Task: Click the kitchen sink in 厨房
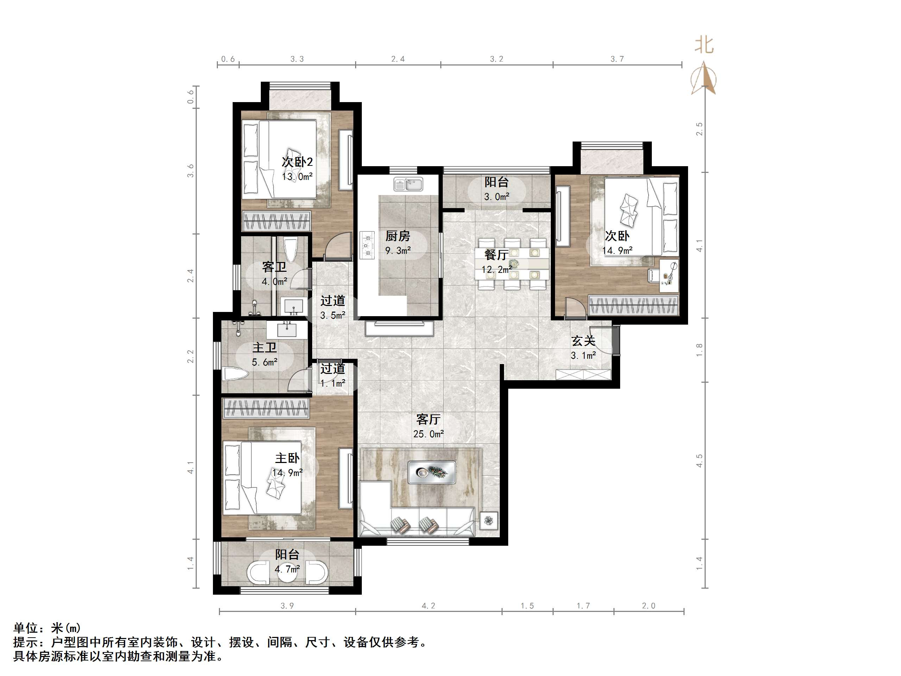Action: point(408,184)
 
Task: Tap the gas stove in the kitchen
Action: point(367,245)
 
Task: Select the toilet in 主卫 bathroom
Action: point(235,374)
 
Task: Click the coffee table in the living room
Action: point(432,472)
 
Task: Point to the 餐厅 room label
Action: point(496,255)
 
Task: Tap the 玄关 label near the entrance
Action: point(583,341)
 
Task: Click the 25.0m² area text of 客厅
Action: point(428,434)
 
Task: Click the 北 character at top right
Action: point(704,45)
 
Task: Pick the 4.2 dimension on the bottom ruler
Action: point(428,606)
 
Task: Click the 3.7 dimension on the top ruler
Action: point(617,59)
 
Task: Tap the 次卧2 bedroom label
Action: point(297,162)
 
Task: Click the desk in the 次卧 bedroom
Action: point(669,275)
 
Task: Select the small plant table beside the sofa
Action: point(489,521)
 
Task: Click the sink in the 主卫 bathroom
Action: point(287,329)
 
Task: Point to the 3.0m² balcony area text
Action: point(497,197)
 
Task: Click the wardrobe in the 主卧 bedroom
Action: point(266,408)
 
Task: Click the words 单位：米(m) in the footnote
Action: point(47,628)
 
